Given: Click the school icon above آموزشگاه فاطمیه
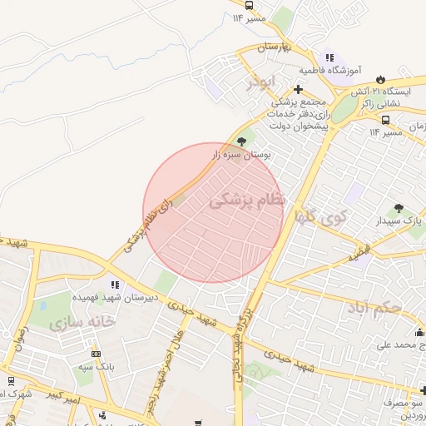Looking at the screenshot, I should coord(329,58).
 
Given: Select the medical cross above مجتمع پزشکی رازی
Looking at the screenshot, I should coord(298,89).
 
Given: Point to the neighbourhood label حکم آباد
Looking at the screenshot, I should coord(376,310).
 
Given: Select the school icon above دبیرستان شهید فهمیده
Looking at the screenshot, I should coord(113,285).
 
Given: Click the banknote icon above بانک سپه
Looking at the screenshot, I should coord(96,354).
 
